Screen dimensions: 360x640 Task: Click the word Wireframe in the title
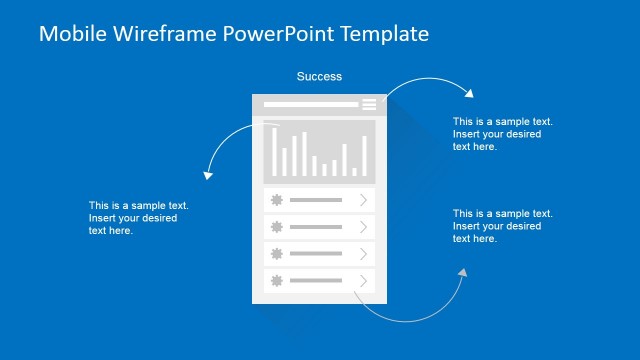tap(151, 34)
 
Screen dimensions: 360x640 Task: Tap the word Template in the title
tap(384, 34)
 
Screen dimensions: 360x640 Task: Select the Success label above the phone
tap(319, 76)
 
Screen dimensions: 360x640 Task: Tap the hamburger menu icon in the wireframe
tap(369, 104)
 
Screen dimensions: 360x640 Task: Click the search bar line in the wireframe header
tap(310, 104)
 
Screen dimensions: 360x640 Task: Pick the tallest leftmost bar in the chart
tap(273, 150)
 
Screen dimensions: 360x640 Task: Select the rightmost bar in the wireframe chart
tap(365, 156)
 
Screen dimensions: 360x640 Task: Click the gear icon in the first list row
tap(275, 200)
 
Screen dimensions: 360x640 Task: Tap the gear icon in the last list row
tap(275, 281)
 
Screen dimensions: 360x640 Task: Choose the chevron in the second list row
tap(363, 227)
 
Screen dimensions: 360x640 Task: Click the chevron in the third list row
tap(363, 254)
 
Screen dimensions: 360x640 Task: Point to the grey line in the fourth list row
tap(315, 281)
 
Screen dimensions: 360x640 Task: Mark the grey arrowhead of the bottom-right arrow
tap(462, 272)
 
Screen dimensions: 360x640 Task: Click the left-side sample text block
tap(138, 218)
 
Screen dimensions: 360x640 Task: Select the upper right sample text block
tap(502, 134)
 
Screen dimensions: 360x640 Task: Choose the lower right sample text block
tap(502, 226)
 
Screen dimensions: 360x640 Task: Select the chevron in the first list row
tap(363, 200)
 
